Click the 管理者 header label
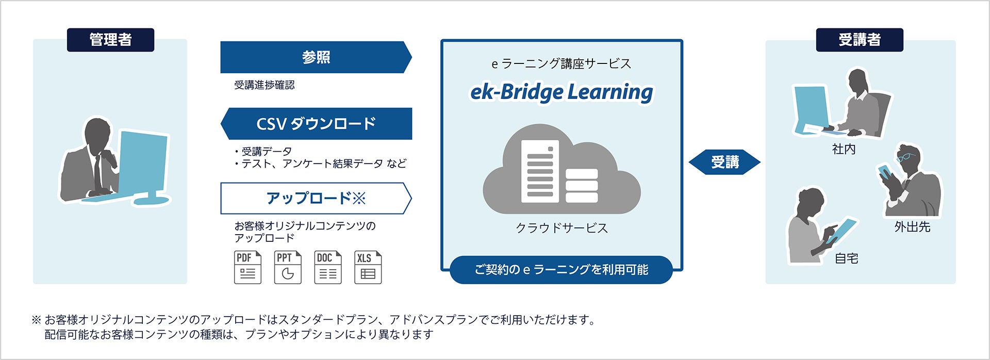pyautogui.click(x=110, y=40)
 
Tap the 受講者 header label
pyautogui.click(x=859, y=40)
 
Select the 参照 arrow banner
pyautogui.click(x=316, y=57)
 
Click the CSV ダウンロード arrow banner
pyautogui.click(x=316, y=124)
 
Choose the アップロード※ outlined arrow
pyautogui.click(x=316, y=198)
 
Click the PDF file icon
pyautogui.click(x=247, y=267)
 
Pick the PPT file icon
pyautogui.click(x=288, y=267)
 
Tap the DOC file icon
pyautogui.click(x=328, y=267)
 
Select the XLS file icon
pyautogui.click(x=368, y=267)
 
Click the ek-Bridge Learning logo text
pyautogui.click(x=562, y=92)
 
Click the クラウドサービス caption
pyautogui.click(x=562, y=228)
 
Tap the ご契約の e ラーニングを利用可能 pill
pyautogui.click(x=561, y=270)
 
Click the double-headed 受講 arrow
pyautogui.click(x=724, y=162)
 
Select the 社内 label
pyautogui.click(x=844, y=150)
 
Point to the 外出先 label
pyautogui.click(x=912, y=227)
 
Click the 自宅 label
pyautogui.click(x=846, y=258)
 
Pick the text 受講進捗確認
pyautogui.click(x=265, y=85)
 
